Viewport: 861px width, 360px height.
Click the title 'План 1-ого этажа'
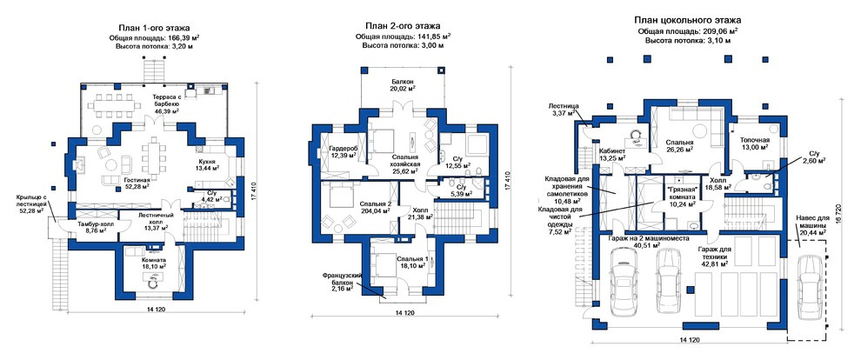click(x=154, y=27)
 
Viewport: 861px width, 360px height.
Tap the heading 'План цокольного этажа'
click(x=687, y=20)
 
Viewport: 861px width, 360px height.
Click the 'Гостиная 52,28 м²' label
click(x=137, y=183)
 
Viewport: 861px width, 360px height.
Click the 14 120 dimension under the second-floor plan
click(x=405, y=313)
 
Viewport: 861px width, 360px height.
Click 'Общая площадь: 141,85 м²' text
click(x=403, y=37)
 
